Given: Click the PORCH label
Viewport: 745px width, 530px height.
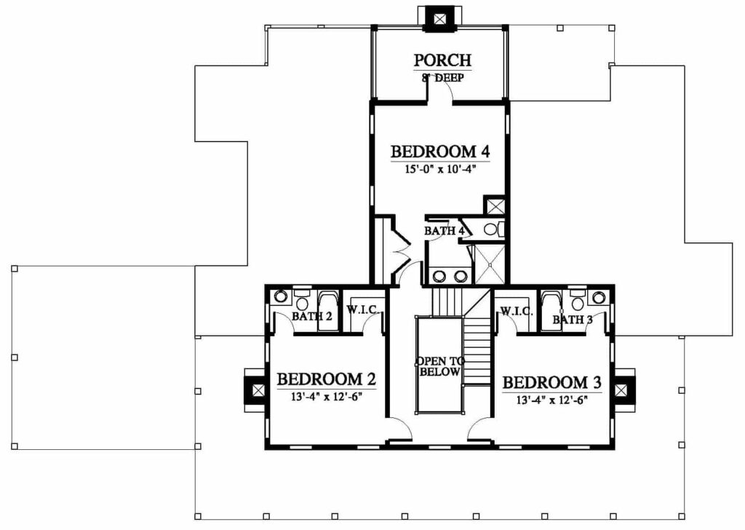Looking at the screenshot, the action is click(442, 60).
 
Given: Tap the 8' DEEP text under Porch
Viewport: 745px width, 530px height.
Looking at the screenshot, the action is click(442, 77).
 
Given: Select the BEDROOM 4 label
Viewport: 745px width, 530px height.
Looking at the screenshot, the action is click(440, 151).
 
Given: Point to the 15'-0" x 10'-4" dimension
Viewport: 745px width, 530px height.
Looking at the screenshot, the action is click(440, 169).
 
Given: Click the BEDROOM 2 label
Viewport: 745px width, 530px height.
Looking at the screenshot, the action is click(327, 379).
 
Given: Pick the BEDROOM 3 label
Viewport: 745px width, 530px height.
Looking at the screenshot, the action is click(551, 382).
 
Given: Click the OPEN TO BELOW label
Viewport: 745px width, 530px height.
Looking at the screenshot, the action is click(440, 366).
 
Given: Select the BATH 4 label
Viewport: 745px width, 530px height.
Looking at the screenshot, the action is click(444, 231).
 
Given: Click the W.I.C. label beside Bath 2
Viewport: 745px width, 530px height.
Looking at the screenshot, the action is click(362, 310).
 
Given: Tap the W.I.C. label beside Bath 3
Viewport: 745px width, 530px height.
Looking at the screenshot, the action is click(516, 312).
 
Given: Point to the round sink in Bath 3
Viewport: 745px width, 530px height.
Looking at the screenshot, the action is click(597, 298).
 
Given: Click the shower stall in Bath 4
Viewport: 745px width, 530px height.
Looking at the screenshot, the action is click(490, 264).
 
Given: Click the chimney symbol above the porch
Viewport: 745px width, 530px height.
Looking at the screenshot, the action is click(440, 19).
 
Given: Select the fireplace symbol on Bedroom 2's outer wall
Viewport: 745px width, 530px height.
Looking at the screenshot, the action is click(257, 390).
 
